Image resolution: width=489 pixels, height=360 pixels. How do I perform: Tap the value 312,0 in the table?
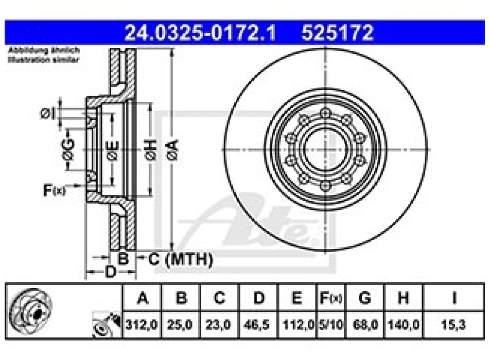click(142, 325)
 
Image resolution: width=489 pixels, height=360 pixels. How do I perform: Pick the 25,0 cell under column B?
click(180, 325)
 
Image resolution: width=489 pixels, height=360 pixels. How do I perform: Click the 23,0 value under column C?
click(219, 325)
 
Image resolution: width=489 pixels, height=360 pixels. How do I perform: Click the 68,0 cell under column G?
click(364, 325)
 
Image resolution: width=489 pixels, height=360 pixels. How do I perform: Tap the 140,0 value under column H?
click(404, 325)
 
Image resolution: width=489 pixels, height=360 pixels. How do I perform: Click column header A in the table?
click(142, 298)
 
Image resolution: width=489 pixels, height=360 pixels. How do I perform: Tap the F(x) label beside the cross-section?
click(54, 191)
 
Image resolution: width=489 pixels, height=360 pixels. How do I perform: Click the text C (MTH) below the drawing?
click(180, 260)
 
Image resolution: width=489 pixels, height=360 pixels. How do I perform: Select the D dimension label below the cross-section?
click(110, 272)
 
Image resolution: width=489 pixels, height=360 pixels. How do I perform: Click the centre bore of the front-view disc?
click(324, 150)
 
